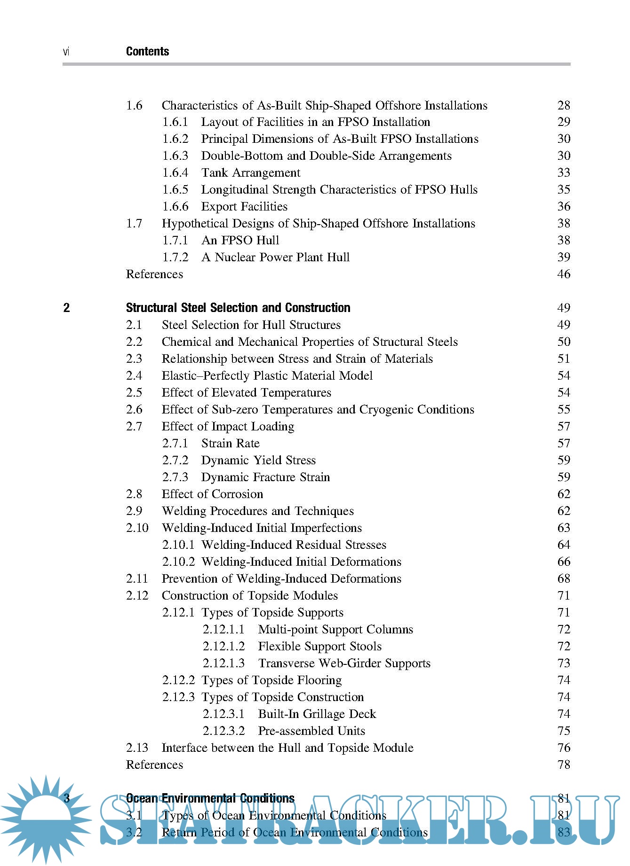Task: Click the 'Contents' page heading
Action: click(x=147, y=52)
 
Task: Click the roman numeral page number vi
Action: click(x=66, y=52)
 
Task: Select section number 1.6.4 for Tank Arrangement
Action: click(x=175, y=173)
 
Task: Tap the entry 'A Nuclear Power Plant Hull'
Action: click(x=275, y=257)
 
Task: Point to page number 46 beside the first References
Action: click(x=564, y=274)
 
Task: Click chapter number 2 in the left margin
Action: click(x=66, y=308)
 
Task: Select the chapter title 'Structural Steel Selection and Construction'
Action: click(x=238, y=308)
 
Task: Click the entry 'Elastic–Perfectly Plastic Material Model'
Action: click(x=267, y=376)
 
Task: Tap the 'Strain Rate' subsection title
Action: click(x=230, y=444)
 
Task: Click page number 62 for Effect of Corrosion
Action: click(x=564, y=494)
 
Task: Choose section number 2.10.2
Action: click(x=178, y=562)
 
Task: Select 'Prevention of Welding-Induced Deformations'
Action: click(x=281, y=579)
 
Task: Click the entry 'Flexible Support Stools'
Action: click(x=319, y=647)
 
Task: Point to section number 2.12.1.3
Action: click(x=223, y=663)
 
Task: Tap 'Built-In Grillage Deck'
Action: click(x=317, y=714)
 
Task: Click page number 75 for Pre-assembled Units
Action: click(x=564, y=731)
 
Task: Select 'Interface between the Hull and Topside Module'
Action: click(x=287, y=748)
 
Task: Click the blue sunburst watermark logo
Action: click(x=46, y=819)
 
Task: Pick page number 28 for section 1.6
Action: click(x=564, y=106)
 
